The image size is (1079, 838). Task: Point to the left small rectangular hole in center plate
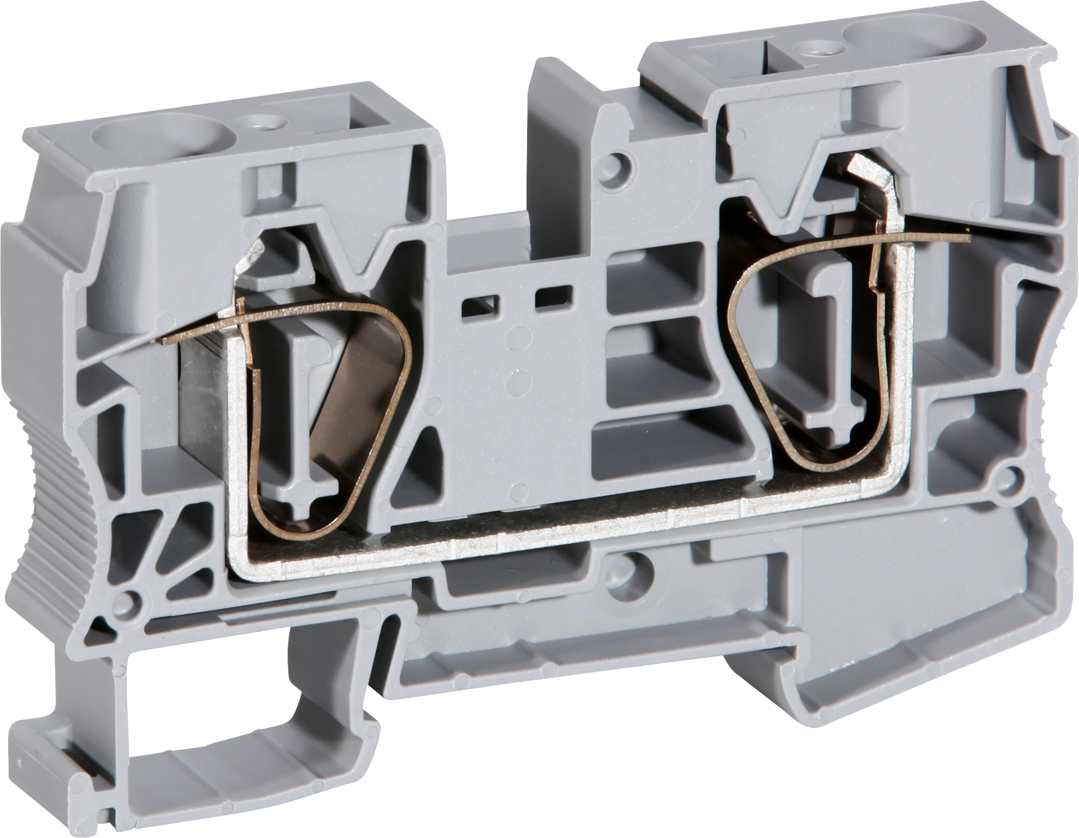coord(479,305)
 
